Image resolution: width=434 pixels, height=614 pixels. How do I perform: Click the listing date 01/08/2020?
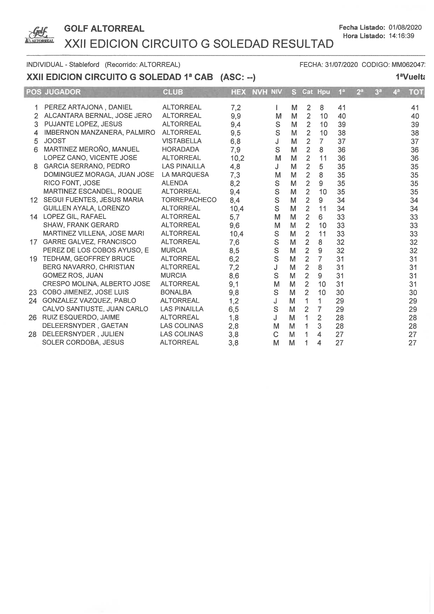point(405,27)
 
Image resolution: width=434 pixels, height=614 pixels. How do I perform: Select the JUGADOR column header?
point(63,92)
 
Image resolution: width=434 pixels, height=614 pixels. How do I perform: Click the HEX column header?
point(238,92)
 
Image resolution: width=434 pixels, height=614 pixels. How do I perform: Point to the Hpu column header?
point(323,92)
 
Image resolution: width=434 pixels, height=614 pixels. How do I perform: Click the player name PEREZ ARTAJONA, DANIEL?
point(88,107)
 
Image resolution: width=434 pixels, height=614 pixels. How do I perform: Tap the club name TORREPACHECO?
point(189,200)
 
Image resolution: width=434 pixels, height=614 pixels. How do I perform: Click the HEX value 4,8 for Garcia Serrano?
point(235,166)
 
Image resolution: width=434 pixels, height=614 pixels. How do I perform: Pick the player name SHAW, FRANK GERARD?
point(81,225)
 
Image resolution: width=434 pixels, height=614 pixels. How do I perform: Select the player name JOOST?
point(55,141)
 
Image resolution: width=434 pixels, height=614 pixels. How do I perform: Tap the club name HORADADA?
point(180,149)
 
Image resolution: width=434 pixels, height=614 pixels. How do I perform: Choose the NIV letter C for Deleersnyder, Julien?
point(276,334)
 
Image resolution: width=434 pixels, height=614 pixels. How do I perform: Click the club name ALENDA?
point(175,183)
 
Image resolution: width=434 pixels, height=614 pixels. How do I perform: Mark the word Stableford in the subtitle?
point(84,64)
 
